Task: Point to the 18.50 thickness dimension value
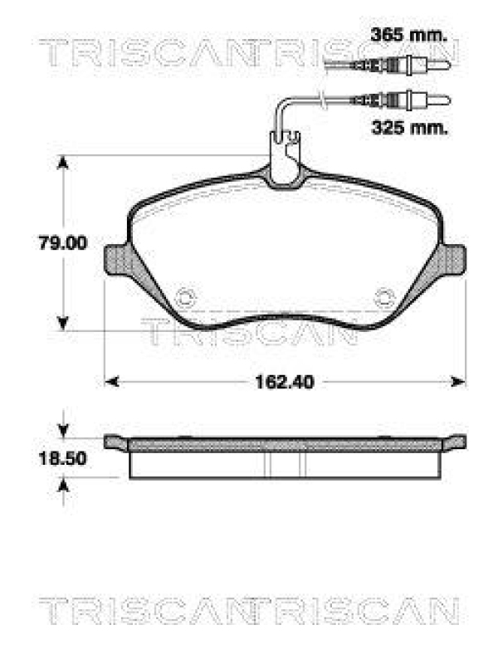[64, 458]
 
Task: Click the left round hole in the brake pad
[188, 295]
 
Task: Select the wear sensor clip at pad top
[286, 162]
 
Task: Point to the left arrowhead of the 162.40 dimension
[111, 382]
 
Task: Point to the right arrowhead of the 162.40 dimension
[459, 382]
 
